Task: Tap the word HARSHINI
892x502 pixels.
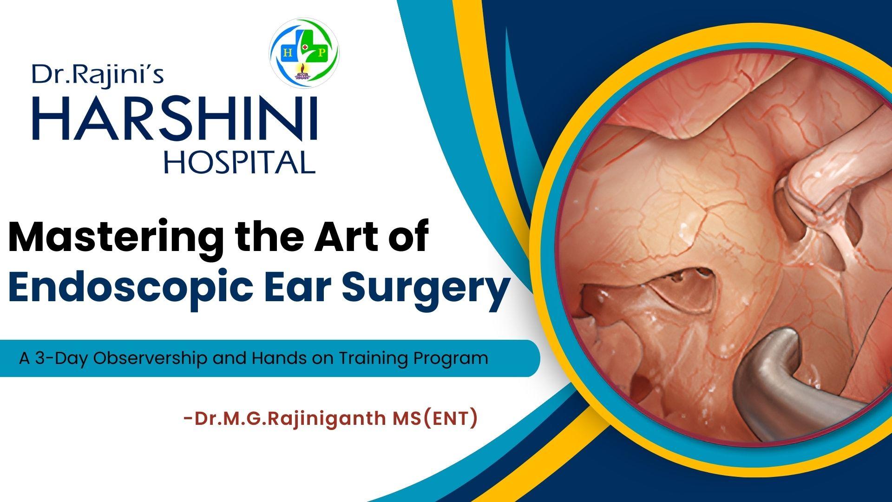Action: click(x=174, y=118)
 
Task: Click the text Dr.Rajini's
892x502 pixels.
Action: click(x=98, y=74)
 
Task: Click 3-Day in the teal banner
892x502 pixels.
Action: click(x=59, y=358)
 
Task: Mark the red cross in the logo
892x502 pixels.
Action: click(x=304, y=47)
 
